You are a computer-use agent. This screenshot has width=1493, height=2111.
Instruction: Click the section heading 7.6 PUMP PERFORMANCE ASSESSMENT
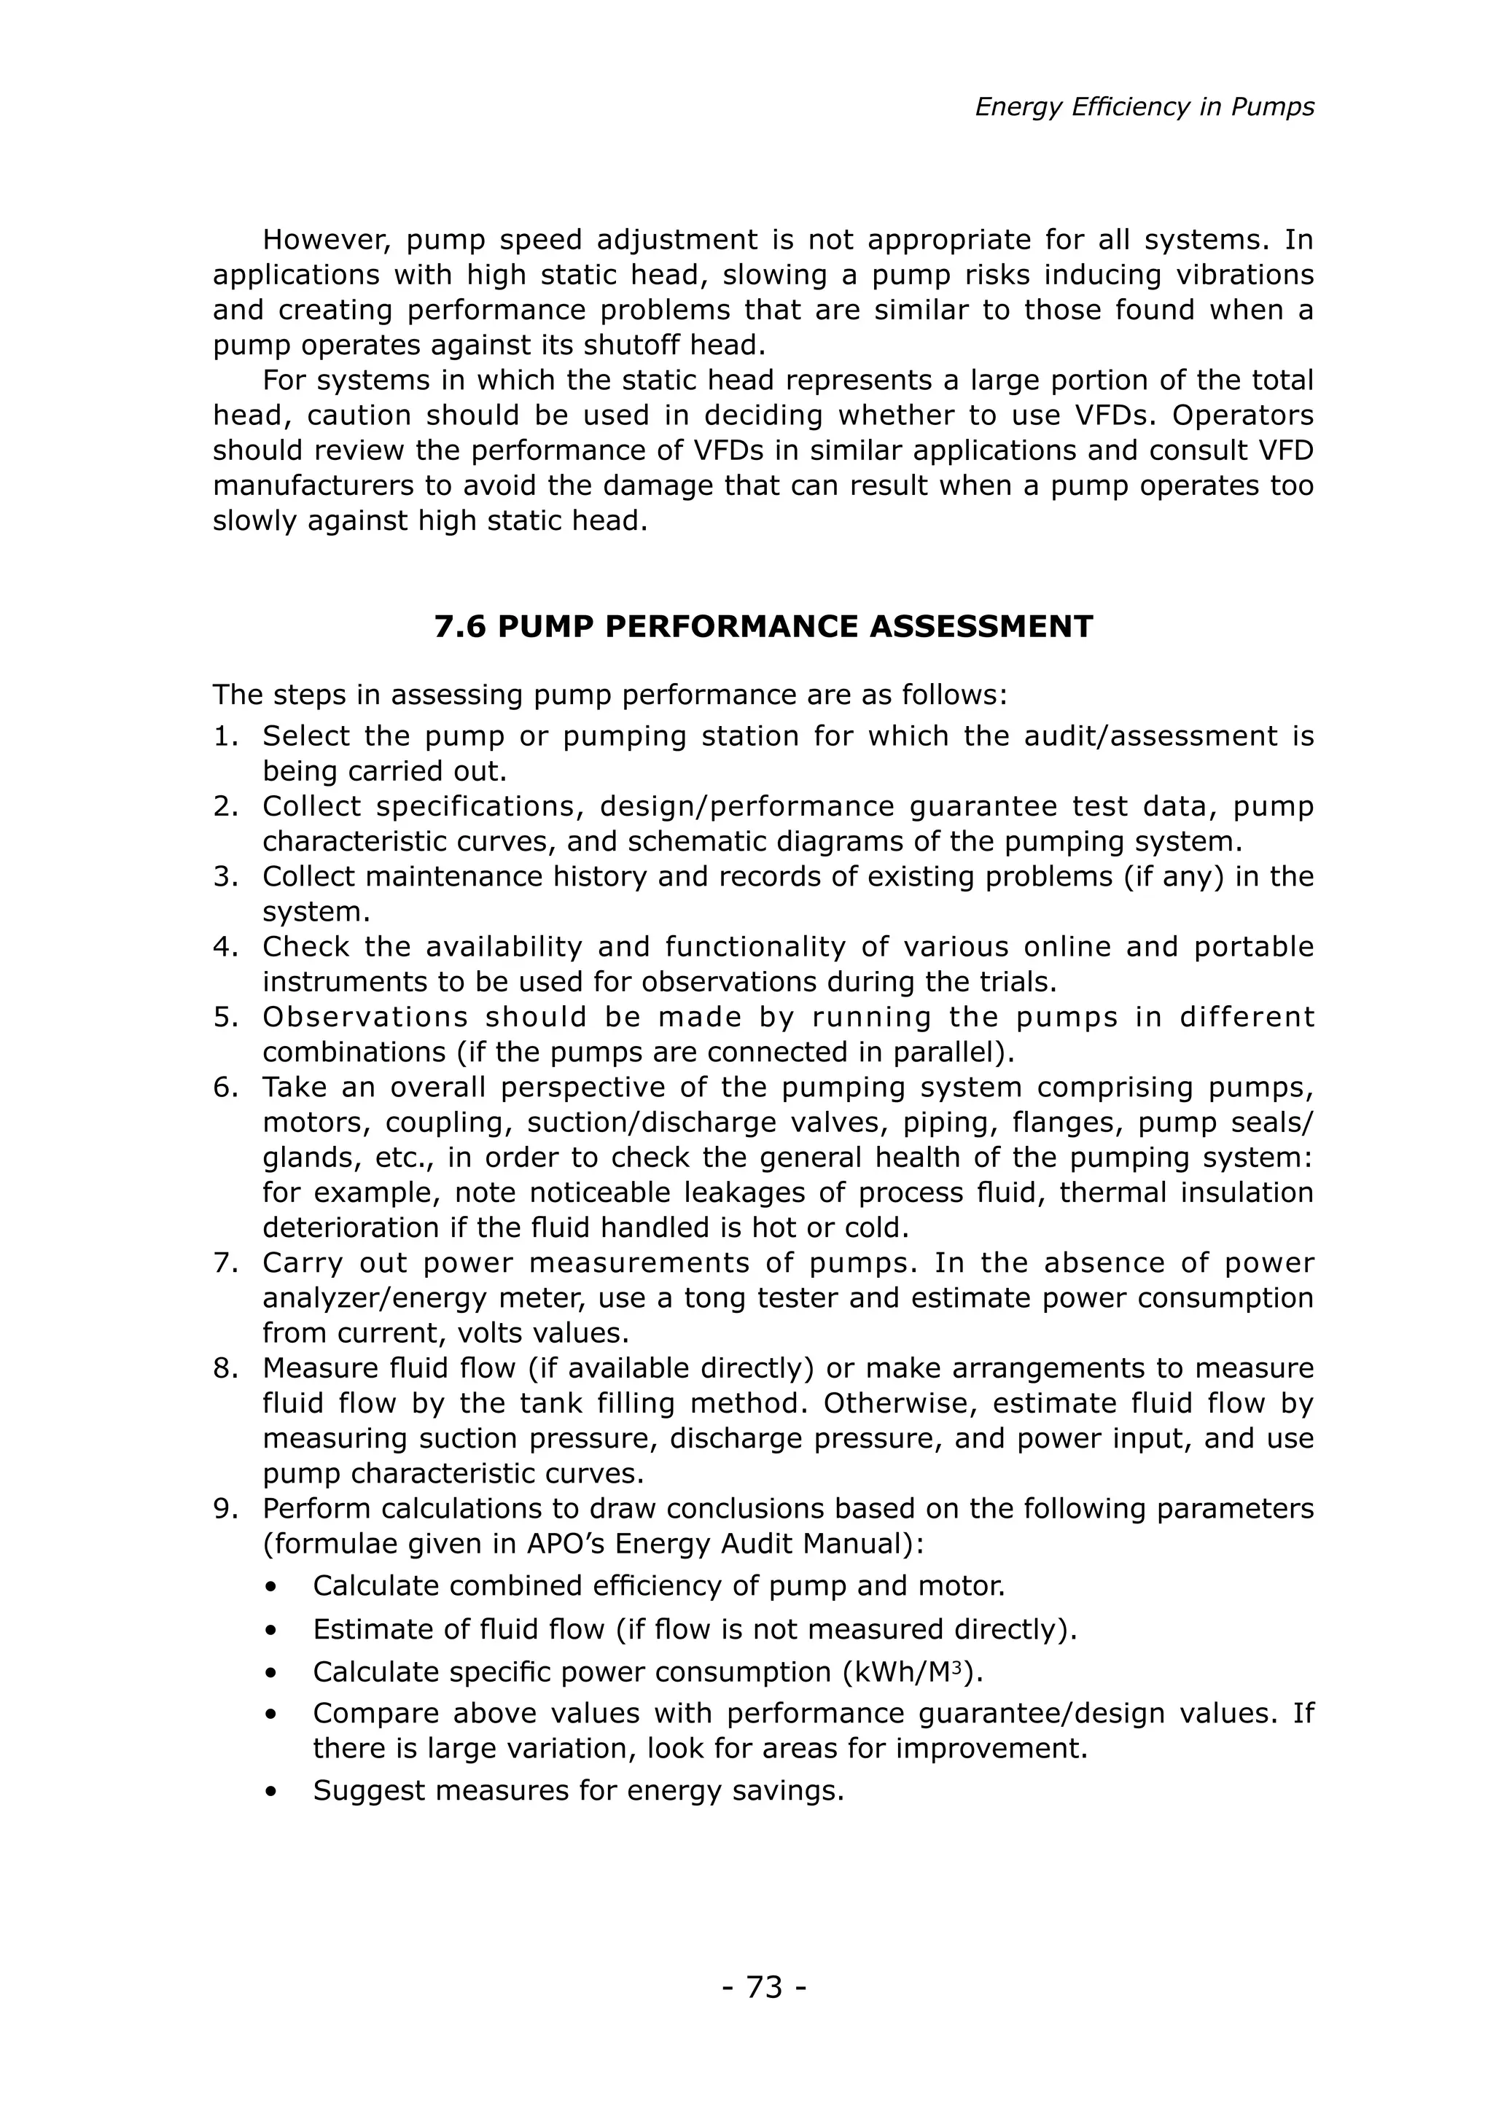pos(763,626)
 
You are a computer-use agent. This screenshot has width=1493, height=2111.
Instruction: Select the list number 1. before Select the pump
pos(226,736)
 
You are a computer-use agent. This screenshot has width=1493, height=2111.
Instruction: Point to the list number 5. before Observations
pos(226,1017)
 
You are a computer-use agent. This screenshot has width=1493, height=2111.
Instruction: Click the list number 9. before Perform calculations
pos(226,1509)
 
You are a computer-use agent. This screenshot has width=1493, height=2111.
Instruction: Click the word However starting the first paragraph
pos(327,240)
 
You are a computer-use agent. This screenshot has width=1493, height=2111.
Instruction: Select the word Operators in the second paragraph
pos(1243,415)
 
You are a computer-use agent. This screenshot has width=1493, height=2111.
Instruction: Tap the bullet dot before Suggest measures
pos(270,1792)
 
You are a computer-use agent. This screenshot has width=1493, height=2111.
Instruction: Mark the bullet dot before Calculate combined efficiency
pos(270,1588)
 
